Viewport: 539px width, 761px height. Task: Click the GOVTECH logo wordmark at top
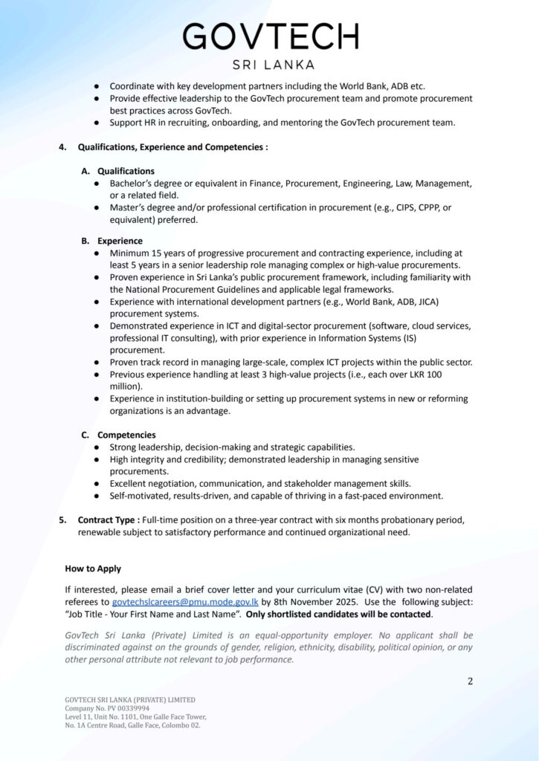[270, 36]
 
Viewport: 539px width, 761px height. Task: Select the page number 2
[470, 681]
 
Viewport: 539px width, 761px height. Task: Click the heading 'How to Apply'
[93, 569]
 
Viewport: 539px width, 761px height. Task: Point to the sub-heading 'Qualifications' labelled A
[126, 171]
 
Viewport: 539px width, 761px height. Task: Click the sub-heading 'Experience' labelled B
[120, 241]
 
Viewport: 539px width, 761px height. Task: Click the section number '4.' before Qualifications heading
[63, 147]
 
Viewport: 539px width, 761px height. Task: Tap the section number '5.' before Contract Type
[63, 520]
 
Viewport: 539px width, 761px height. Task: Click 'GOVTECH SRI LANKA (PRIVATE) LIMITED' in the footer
[130, 700]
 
